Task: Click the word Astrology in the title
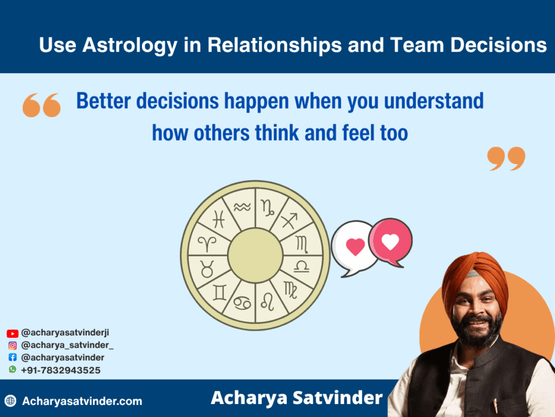click(x=130, y=46)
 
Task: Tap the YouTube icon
click(x=12, y=333)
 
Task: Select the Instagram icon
click(x=12, y=345)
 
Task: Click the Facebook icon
click(x=12, y=357)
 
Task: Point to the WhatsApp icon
click(x=12, y=369)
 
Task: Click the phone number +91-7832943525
click(x=61, y=370)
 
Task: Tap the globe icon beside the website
click(x=11, y=401)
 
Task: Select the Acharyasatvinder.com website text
click(x=82, y=401)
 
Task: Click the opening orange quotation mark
click(x=41, y=105)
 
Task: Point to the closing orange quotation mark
click(x=506, y=158)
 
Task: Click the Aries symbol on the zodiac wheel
click(x=207, y=244)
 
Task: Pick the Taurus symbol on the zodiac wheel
click(x=207, y=269)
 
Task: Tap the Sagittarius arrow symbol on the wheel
click(x=289, y=220)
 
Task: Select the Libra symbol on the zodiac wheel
click(x=301, y=266)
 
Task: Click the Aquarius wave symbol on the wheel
click(x=242, y=207)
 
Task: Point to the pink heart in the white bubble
click(x=356, y=247)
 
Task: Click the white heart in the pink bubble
click(x=390, y=242)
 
